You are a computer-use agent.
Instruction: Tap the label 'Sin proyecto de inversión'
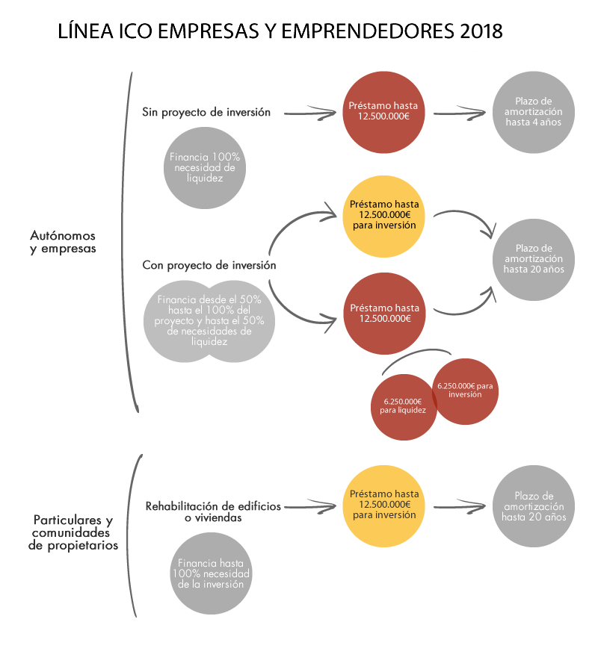coord(206,112)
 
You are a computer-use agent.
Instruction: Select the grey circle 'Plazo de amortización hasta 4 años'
coord(534,112)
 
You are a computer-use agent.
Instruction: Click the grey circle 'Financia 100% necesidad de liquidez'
coord(205,168)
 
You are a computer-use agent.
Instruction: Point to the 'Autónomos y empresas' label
coord(63,242)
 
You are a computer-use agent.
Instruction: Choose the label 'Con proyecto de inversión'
coord(209,265)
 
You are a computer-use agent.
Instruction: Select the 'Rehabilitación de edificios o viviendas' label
coord(213,511)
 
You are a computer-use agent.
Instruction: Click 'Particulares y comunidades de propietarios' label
coord(73,532)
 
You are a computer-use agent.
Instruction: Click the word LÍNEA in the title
coord(84,31)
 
